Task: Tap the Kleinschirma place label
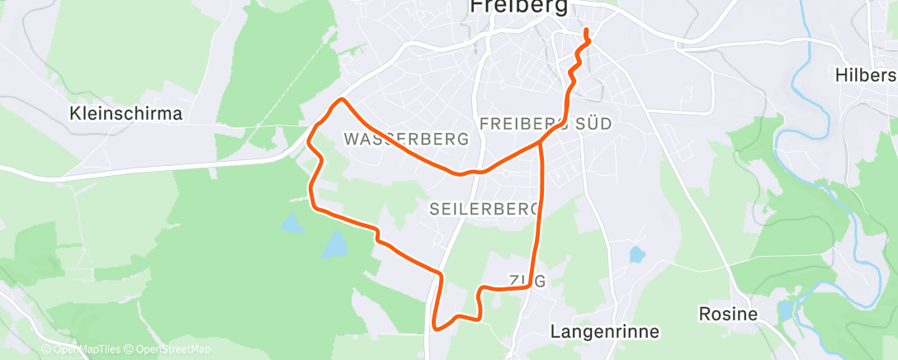coord(126,113)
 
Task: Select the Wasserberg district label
coord(408,139)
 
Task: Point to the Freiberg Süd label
coord(545,124)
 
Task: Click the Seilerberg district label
coord(484,210)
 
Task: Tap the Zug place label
coord(527,281)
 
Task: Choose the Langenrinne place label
coord(604,332)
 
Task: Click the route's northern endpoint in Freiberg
coord(587,31)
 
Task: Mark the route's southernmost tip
coord(435,328)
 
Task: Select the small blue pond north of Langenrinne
coord(636,255)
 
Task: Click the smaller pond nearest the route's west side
coord(291,223)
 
